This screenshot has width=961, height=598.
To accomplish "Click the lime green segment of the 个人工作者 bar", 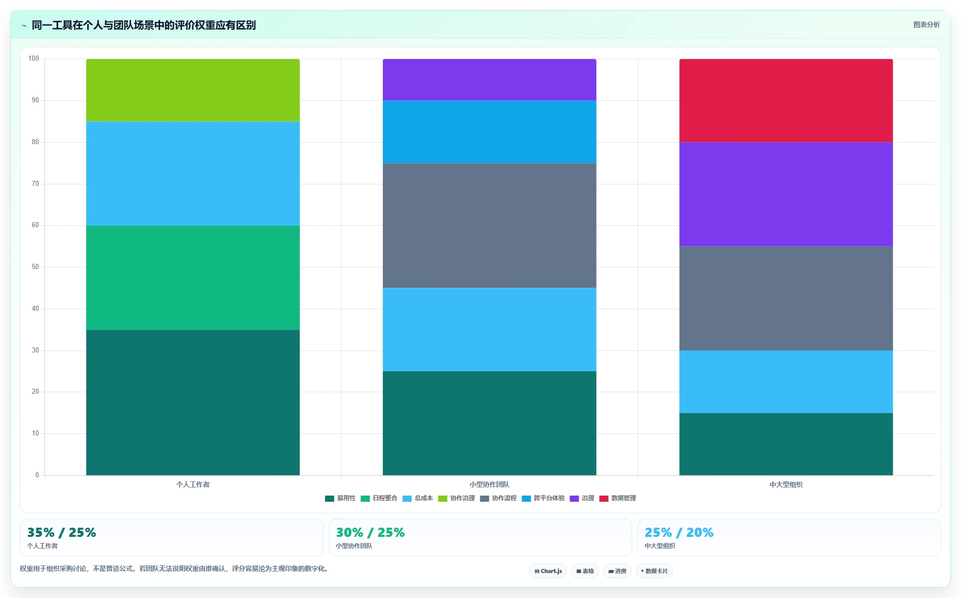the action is tap(193, 90).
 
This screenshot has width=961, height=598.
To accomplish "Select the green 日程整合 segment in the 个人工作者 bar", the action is tap(193, 278).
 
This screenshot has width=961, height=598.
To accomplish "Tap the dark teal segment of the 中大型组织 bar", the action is tap(786, 444).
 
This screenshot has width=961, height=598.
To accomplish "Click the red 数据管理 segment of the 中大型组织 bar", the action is tap(786, 100).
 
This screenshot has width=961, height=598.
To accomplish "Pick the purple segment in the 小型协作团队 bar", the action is tap(489, 79).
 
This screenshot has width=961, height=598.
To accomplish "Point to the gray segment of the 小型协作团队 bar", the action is tap(489, 226).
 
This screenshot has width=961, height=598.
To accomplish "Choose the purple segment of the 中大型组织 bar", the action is tap(786, 194).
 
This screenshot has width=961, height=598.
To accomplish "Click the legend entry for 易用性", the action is tap(340, 498).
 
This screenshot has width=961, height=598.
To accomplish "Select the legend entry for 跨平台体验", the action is tap(543, 498).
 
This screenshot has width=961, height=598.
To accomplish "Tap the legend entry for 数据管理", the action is tap(617, 498).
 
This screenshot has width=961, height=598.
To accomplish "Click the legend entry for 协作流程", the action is tap(498, 498).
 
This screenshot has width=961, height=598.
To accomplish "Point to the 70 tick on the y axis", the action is tap(35, 184).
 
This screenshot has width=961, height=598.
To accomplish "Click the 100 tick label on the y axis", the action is tap(34, 59).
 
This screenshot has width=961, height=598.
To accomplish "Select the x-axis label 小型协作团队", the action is tap(489, 484).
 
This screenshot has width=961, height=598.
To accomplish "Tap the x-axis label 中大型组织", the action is tap(786, 484).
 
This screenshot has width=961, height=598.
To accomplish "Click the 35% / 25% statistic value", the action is tap(62, 532).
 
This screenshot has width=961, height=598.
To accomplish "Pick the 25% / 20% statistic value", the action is tap(679, 532).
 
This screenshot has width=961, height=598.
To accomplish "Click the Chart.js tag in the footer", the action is tap(548, 571).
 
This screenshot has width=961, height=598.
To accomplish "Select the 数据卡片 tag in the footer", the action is tap(654, 571).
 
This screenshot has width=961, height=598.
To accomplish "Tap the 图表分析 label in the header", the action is tap(926, 24).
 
